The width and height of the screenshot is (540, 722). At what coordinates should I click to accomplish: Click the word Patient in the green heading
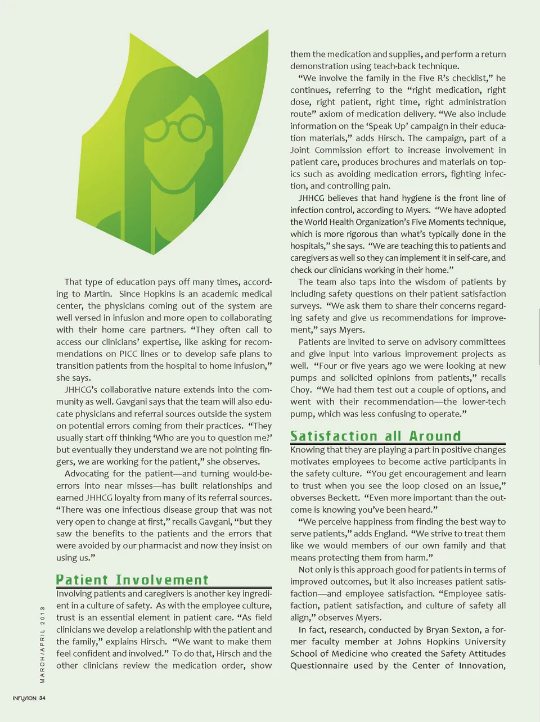82,580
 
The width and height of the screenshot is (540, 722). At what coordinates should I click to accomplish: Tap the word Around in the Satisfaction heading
435,436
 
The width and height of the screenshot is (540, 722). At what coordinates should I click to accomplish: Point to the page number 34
43,698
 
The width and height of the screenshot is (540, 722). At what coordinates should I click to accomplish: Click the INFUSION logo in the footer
25,698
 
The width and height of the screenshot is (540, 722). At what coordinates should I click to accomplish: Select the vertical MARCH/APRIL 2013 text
42,644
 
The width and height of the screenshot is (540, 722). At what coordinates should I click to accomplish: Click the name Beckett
343,498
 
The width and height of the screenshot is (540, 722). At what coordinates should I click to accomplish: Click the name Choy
300,390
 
